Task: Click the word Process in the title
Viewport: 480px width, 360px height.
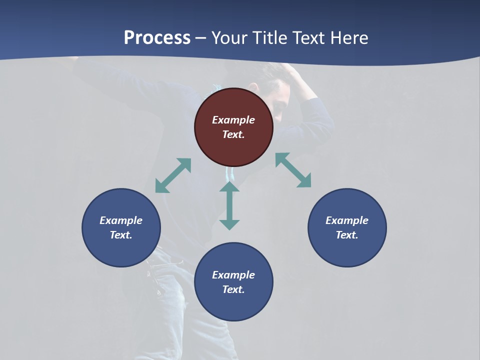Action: (x=157, y=38)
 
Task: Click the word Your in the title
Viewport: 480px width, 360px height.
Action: (x=230, y=38)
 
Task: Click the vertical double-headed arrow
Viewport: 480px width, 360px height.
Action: (x=229, y=205)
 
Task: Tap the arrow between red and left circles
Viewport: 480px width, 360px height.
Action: (x=173, y=175)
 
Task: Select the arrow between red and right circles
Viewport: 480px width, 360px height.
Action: (x=293, y=170)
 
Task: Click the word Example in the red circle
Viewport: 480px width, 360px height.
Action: (x=233, y=120)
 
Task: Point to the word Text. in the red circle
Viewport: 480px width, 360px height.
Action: (x=233, y=134)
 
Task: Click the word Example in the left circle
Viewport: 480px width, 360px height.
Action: (x=121, y=220)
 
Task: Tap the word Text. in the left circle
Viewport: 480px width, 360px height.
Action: (x=121, y=235)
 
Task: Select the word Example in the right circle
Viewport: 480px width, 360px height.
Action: (x=347, y=220)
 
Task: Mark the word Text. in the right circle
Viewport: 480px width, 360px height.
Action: (x=347, y=235)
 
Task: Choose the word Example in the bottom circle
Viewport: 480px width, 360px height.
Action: (x=233, y=275)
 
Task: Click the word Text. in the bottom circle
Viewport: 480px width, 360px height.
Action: (x=233, y=289)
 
